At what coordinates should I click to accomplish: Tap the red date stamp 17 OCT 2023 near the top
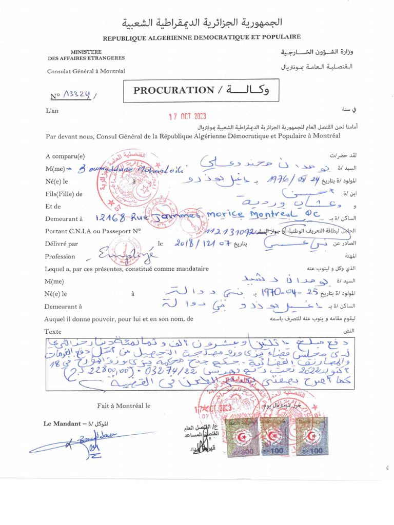tap(188, 116)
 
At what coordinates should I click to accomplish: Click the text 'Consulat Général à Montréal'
tap(86, 71)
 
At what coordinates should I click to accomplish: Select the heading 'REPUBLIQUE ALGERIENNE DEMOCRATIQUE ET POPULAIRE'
tap(202, 37)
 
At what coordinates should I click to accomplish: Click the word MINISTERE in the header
tap(86, 52)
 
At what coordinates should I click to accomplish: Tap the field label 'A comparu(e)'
tap(65, 156)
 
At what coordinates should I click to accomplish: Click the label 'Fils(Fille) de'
tap(64, 194)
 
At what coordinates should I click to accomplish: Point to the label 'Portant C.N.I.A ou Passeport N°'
tap(93, 231)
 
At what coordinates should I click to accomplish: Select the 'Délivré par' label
tap(62, 244)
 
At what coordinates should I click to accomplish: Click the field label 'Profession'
tap(60, 256)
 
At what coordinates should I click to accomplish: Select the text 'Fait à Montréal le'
tap(124, 406)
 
